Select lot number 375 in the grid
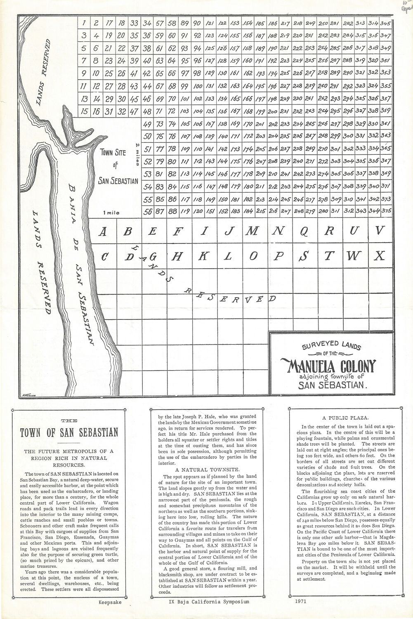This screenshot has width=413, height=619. [386, 210]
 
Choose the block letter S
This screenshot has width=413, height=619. [303, 256]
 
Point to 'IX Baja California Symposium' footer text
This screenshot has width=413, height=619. [207, 602]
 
